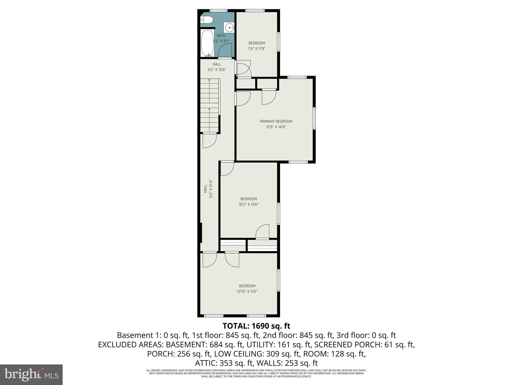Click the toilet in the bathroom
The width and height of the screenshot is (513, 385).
(207, 20)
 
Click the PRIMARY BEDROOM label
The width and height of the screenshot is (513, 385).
(276, 121)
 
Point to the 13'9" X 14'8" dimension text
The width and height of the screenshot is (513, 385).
(276, 127)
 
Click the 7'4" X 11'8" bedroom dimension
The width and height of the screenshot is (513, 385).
(256, 49)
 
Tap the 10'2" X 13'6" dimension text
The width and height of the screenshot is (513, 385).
(248, 205)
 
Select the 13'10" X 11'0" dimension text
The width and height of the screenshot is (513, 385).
(247, 291)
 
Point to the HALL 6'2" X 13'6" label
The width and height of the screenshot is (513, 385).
(217, 67)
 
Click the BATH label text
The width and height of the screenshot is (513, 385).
(221, 36)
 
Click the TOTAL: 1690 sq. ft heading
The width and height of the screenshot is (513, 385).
(256, 326)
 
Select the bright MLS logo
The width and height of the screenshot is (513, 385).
(31, 374)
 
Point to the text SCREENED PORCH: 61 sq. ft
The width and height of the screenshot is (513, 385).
(364, 345)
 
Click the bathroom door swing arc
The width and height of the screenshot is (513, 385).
(225, 50)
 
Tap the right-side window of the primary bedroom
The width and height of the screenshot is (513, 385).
(314, 118)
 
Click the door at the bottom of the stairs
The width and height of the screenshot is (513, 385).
(209, 141)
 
